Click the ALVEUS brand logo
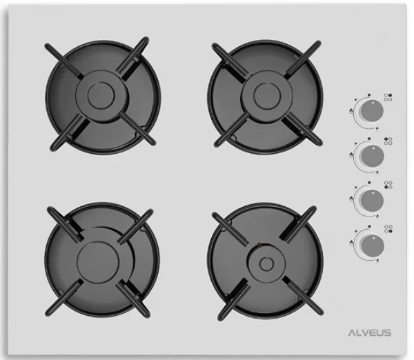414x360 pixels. point(370,332)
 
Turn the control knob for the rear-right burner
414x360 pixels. point(373,111)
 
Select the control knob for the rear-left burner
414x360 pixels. point(373,156)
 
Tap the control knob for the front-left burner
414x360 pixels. point(373,201)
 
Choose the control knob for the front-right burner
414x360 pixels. point(373,245)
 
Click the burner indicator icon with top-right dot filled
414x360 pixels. point(388,97)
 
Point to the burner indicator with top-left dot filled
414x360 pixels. point(388,141)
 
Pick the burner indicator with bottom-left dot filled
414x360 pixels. point(388,185)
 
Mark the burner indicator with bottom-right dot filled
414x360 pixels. point(388,229)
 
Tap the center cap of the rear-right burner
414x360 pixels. point(267,96)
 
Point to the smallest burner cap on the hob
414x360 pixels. point(266,263)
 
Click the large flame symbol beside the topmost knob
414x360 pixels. point(351,110)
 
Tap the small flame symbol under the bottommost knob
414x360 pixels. point(377,261)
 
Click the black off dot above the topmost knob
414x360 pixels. point(369,94)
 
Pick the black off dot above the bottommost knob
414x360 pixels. point(369,226)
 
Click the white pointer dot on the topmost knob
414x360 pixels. point(373,103)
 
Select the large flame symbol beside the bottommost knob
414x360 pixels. point(351,242)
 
